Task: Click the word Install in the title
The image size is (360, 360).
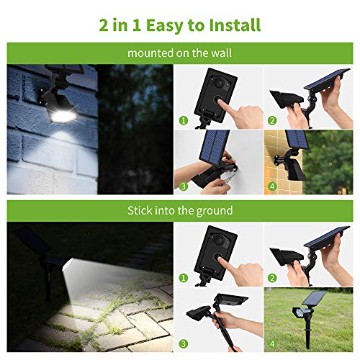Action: [x=235, y=25]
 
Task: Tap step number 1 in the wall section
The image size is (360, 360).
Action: [x=184, y=120]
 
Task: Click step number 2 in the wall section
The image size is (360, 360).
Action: [x=272, y=120]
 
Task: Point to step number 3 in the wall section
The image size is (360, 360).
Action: [x=184, y=186]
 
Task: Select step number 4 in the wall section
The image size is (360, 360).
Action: [x=272, y=186]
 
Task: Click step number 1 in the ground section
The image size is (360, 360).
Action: [x=184, y=278]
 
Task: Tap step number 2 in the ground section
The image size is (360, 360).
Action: [x=272, y=278]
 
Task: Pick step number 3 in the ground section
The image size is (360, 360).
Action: [x=184, y=343]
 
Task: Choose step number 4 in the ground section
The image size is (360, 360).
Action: [x=272, y=343]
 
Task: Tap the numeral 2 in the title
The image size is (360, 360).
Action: [x=104, y=25]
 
